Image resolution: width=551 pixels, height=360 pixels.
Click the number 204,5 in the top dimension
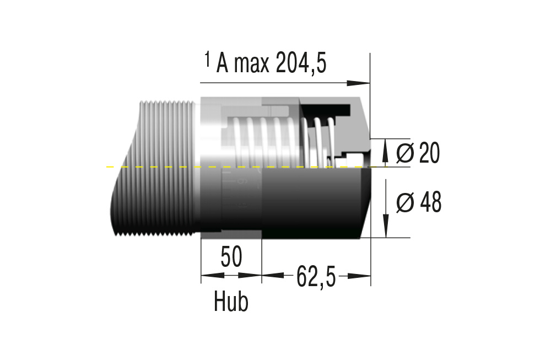[x=301, y=63]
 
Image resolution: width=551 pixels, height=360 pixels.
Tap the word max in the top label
[x=251, y=65]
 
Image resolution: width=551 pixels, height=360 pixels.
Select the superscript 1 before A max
[x=208, y=59]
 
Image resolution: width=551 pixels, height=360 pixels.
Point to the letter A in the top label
[x=222, y=63]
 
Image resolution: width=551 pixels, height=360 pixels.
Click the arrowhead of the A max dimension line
[x=359, y=83]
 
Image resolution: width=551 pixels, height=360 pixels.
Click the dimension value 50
[x=231, y=257]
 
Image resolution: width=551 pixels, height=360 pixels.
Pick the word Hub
[x=231, y=302]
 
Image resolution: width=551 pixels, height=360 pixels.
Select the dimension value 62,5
[x=316, y=276]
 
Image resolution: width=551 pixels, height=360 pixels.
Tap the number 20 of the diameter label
[x=429, y=153]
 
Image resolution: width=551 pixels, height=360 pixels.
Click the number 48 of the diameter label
[x=430, y=202]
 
